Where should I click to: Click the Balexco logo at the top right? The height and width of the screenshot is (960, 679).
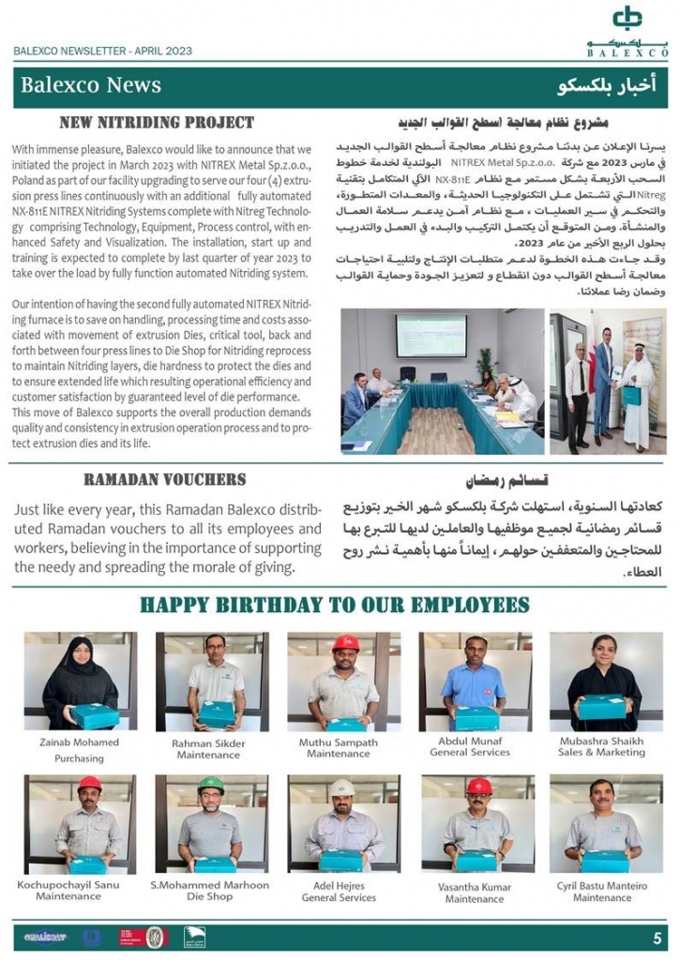click(626, 30)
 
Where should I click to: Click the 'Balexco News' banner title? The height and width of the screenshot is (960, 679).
click(91, 85)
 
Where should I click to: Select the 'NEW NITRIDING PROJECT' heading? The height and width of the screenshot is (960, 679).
click(157, 123)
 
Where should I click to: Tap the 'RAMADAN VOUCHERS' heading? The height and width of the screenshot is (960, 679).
click(165, 479)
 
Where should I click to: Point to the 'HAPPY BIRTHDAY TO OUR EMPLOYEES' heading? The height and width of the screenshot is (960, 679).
click(335, 605)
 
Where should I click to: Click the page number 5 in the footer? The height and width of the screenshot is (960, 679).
click(656, 937)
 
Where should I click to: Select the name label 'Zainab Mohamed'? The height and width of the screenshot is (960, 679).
click(79, 742)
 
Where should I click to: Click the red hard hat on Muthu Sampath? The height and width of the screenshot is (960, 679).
click(345, 644)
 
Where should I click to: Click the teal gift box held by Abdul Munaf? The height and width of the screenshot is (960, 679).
click(475, 718)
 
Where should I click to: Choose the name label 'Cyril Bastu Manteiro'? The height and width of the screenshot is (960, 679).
click(602, 885)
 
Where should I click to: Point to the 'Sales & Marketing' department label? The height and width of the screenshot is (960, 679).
click(601, 753)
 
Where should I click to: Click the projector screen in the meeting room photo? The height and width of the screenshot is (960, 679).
click(430, 335)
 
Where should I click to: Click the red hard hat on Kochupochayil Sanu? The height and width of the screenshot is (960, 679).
click(89, 784)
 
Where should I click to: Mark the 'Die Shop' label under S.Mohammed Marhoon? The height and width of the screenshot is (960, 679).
click(209, 897)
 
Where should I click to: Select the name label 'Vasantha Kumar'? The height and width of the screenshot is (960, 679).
click(475, 886)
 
